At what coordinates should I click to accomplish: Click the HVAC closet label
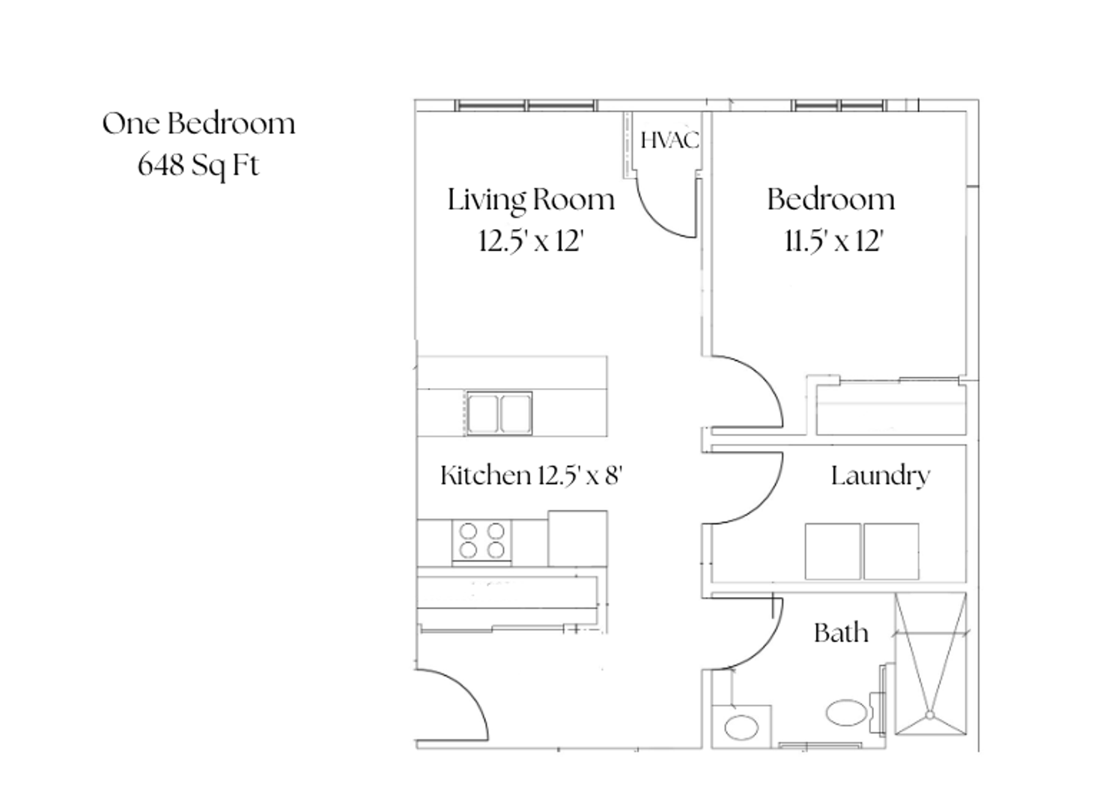click(x=669, y=140)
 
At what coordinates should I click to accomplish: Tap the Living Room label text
click(x=531, y=201)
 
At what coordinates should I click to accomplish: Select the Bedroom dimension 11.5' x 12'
click(x=834, y=241)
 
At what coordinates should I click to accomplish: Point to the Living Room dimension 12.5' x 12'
click(x=531, y=241)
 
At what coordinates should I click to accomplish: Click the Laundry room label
click(x=881, y=476)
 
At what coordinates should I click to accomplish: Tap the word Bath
click(x=841, y=633)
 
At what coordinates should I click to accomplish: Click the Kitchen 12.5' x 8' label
click(x=532, y=475)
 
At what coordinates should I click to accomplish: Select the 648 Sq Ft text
click(x=198, y=166)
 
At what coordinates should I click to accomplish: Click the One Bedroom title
click(x=198, y=124)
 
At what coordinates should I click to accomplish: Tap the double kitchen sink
click(x=499, y=413)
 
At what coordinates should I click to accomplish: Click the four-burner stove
click(x=481, y=542)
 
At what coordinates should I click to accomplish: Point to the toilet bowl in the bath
click(x=847, y=712)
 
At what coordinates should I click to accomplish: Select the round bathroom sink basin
click(x=741, y=727)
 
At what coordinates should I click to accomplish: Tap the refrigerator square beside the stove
click(x=577, y=539)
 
